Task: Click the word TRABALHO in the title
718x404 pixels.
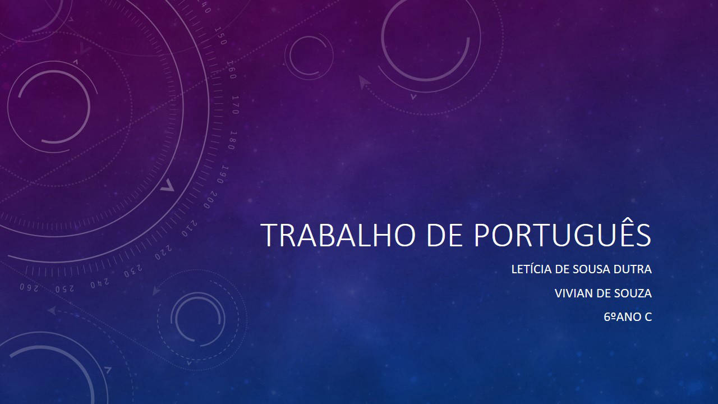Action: pyautogui.click(x=338, y=235)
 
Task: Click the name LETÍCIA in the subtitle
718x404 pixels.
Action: pyautogui.click(x=531, y=269)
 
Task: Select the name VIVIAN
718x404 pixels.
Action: pyautogui.click(x=573, y=293)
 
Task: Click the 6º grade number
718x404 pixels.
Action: pyautogui.click(x=610, y=317)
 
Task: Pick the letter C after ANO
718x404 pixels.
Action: pyautogui.click(x=648, y=317)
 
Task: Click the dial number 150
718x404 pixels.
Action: pyautogui.click(x=221, y=36)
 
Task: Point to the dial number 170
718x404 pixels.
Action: pyautogui.click(x=235, y=105)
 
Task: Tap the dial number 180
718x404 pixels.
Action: pyautogui.click(x=233, y=140)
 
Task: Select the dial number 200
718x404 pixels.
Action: pyautogui.click(x=210, y=200)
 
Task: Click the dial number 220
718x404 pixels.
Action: pyautogui.click(x=163, y=252)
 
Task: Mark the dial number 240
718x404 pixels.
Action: pyautogui.click(x=100, y=283)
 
